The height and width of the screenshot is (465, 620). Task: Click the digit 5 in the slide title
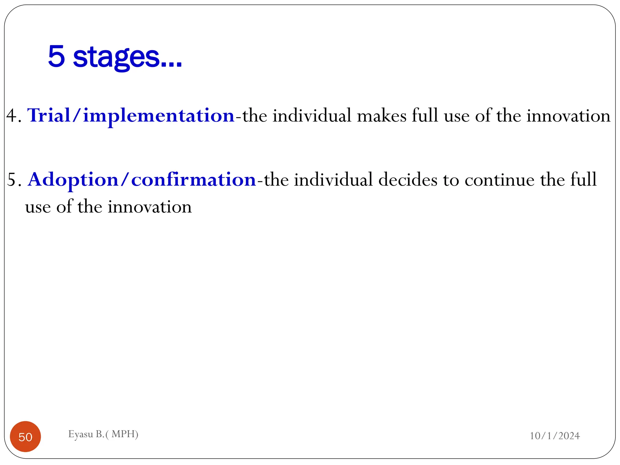57,56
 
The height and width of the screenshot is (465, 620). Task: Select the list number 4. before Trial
14,116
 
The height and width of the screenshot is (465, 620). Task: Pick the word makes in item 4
381,116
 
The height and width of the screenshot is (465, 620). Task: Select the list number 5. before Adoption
14,180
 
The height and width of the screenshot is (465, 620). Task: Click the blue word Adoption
73,180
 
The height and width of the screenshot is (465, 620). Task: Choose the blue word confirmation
193,180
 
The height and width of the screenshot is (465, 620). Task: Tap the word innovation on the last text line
150,207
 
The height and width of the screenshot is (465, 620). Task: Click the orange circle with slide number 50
25,437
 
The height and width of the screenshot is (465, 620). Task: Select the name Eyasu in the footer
81,434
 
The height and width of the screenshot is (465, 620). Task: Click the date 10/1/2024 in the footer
555,436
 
